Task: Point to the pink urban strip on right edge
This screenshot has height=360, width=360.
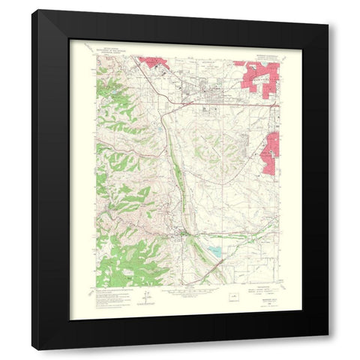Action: tap(271, 146)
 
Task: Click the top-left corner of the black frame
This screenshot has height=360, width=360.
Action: tap(32, 10)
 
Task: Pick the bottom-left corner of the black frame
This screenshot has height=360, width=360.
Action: tap(32, 349)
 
